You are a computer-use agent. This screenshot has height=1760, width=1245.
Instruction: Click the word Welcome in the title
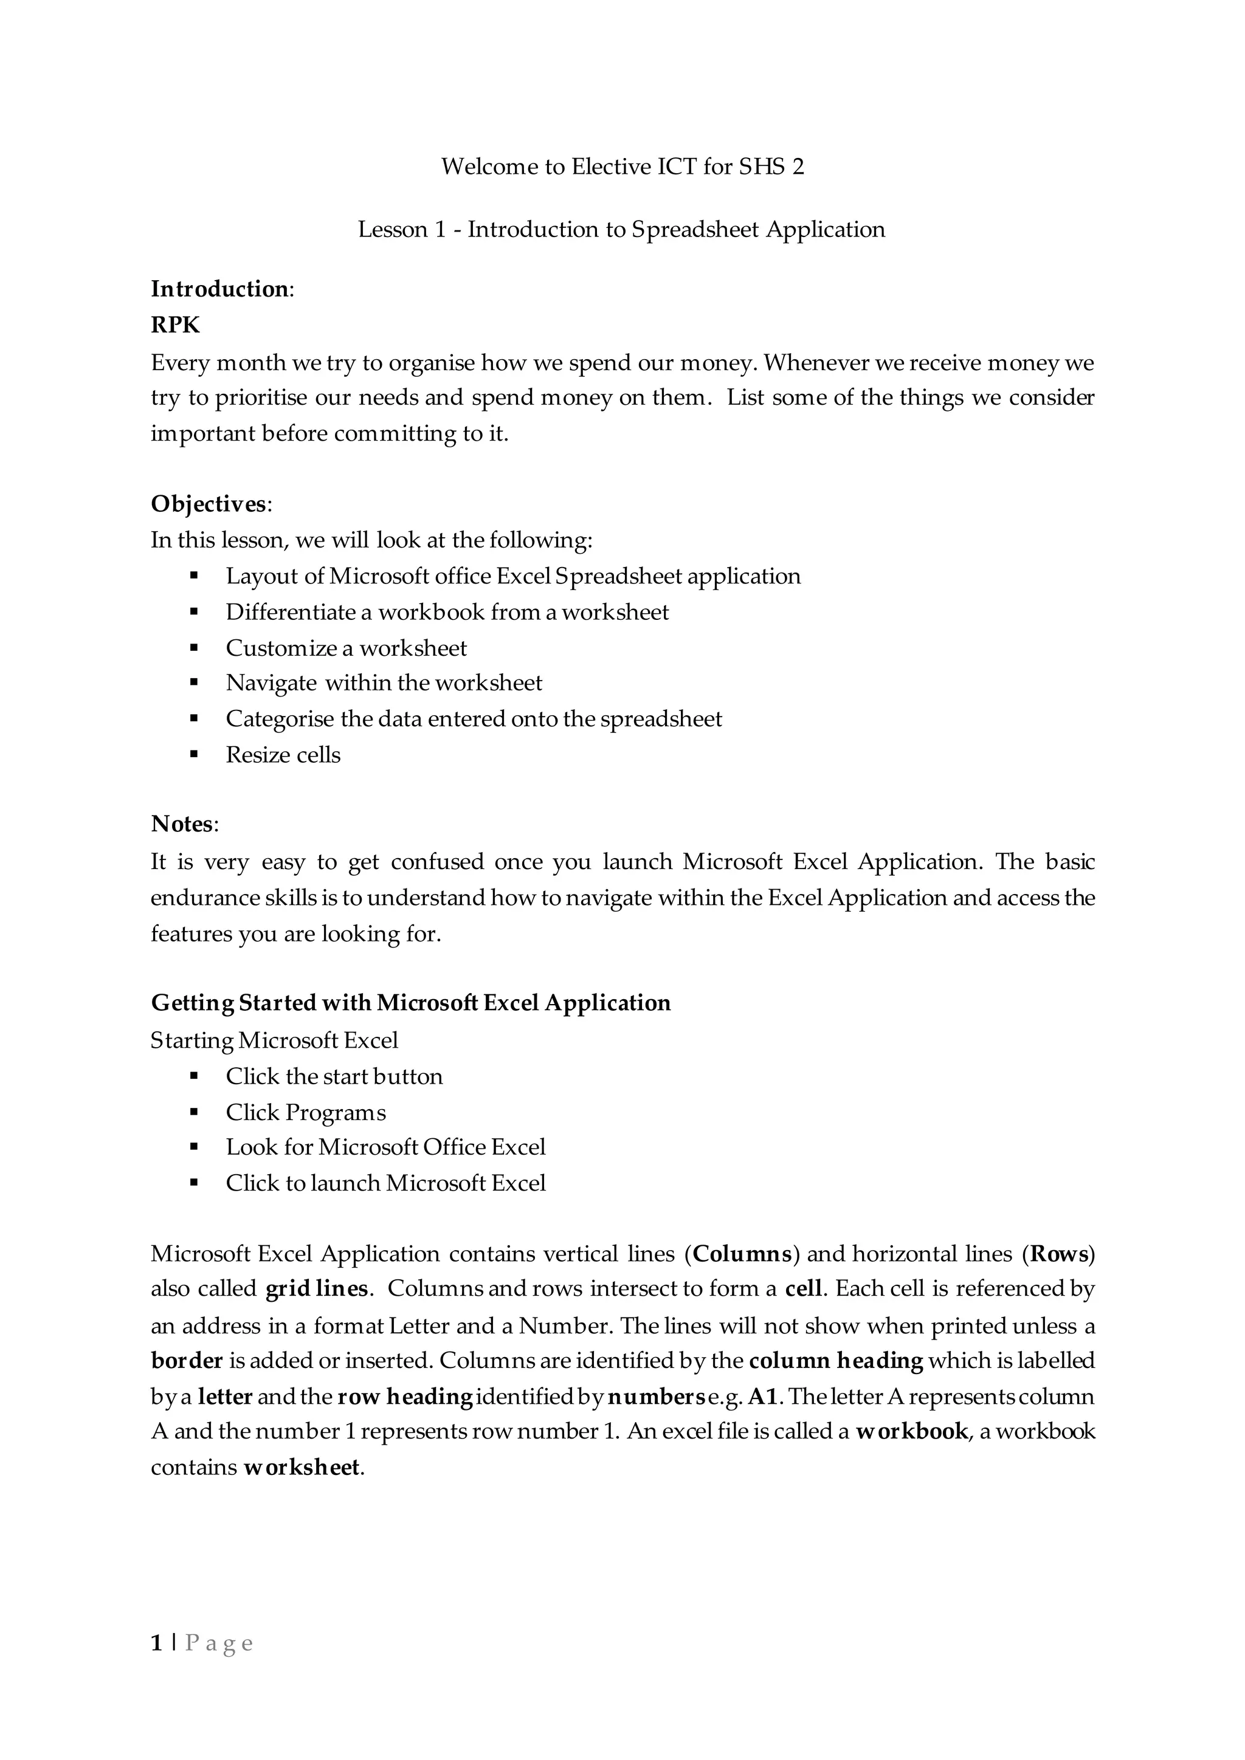click(490, 167)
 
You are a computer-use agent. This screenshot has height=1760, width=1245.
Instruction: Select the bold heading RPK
click(175, 325)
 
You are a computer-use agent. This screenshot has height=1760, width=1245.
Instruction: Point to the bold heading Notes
click(182, 823)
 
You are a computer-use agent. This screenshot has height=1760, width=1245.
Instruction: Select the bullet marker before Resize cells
click(194, 754)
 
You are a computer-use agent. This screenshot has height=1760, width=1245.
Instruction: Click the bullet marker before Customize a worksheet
click(194, 648)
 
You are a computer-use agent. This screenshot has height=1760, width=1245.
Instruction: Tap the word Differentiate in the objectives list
click(291, 612)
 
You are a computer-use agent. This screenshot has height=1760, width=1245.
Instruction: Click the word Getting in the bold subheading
click(191, 1003)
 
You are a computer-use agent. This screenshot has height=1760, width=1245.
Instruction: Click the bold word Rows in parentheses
click(1060, 1254)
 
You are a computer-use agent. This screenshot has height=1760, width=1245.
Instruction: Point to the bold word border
click(186, 1361)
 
